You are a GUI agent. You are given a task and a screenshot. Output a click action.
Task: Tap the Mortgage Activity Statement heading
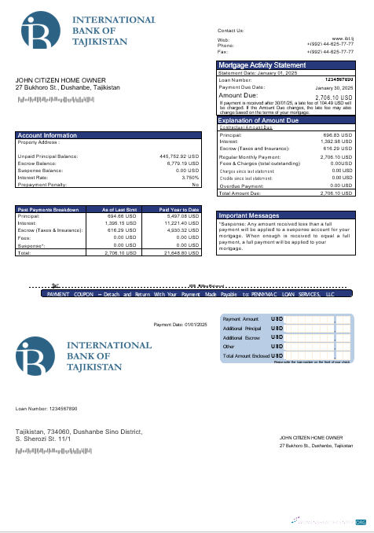click(262, 65)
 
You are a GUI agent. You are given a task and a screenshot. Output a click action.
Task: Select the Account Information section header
click(47, 135)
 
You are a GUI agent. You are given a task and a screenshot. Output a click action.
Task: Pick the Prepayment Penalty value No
click(196, 184)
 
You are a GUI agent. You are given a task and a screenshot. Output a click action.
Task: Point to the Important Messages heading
click(248, 215)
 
